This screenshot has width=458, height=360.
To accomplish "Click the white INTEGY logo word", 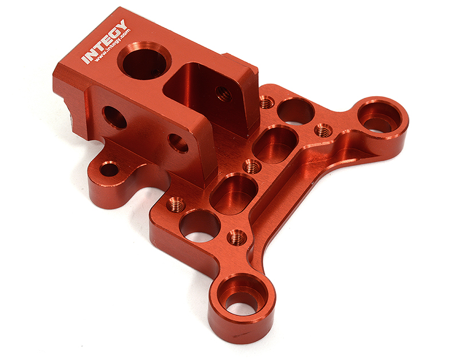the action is [x=104, y=41].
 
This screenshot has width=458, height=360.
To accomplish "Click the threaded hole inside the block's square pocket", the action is [x=224, y=94].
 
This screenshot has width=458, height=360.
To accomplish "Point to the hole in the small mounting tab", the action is [x=109, y=169].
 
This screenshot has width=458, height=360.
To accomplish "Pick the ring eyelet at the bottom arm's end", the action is [x=242, y=304].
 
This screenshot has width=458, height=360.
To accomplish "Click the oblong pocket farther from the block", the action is [x=234, y=193].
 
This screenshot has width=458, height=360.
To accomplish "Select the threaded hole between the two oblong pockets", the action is [x=252, y=167].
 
